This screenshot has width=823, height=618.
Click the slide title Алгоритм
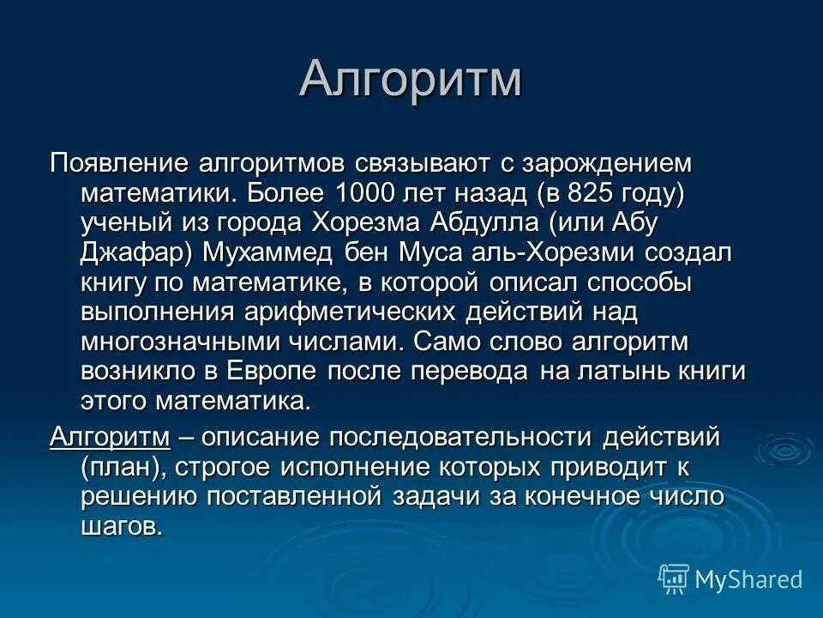coord(411,80)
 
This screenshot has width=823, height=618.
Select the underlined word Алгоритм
coord(111,437)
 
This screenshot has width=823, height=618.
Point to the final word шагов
coord(121,526)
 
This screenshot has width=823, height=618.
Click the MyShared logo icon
coord(674,579)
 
